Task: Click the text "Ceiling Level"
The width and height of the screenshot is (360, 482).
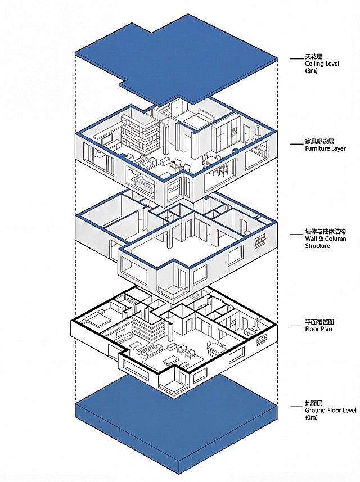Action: tap(322, 64)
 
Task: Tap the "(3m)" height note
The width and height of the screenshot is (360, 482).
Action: tap(311, 71)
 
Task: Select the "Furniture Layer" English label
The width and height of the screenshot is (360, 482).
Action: tap(325, 148)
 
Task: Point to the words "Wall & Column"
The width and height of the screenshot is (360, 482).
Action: tap(326, 238)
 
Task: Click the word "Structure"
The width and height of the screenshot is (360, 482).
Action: tap(317, 246)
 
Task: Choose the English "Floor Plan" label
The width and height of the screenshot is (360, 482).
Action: tap(318, 329)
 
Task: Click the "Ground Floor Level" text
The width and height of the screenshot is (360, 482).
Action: tap(331, 410)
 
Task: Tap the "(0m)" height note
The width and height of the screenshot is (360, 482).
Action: tap(312, 417)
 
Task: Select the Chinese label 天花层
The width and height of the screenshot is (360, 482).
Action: tap(313, 57)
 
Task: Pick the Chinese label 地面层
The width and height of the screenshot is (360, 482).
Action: tap(313, 403)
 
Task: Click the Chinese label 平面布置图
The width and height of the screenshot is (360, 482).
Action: tap(319, 322)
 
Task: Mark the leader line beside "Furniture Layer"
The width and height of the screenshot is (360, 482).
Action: tap(296, 144)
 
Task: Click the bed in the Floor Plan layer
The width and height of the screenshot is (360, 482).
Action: tap(97, 319)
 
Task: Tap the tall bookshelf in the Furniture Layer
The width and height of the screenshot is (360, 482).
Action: tap(140, 133)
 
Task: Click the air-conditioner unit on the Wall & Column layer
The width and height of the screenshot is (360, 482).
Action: tap(260, 240)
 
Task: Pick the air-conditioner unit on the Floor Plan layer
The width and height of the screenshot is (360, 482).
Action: tap(262, 340)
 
